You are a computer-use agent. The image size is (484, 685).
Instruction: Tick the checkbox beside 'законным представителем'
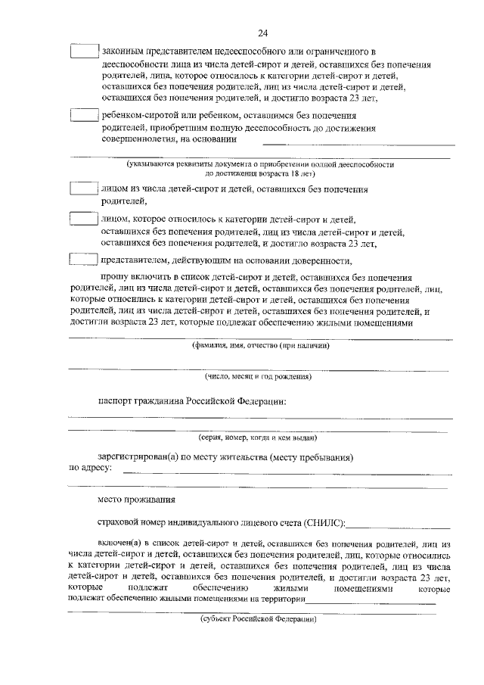[84, 51]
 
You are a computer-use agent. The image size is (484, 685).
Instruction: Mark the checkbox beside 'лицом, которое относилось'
[84, 219]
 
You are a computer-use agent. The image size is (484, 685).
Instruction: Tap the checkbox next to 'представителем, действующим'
[84, 260]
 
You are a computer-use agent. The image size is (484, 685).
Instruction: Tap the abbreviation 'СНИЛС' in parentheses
[325, 523]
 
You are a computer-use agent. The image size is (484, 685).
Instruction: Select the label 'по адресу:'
[90, 469]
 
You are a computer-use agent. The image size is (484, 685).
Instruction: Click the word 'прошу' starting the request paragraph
[113, 278]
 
